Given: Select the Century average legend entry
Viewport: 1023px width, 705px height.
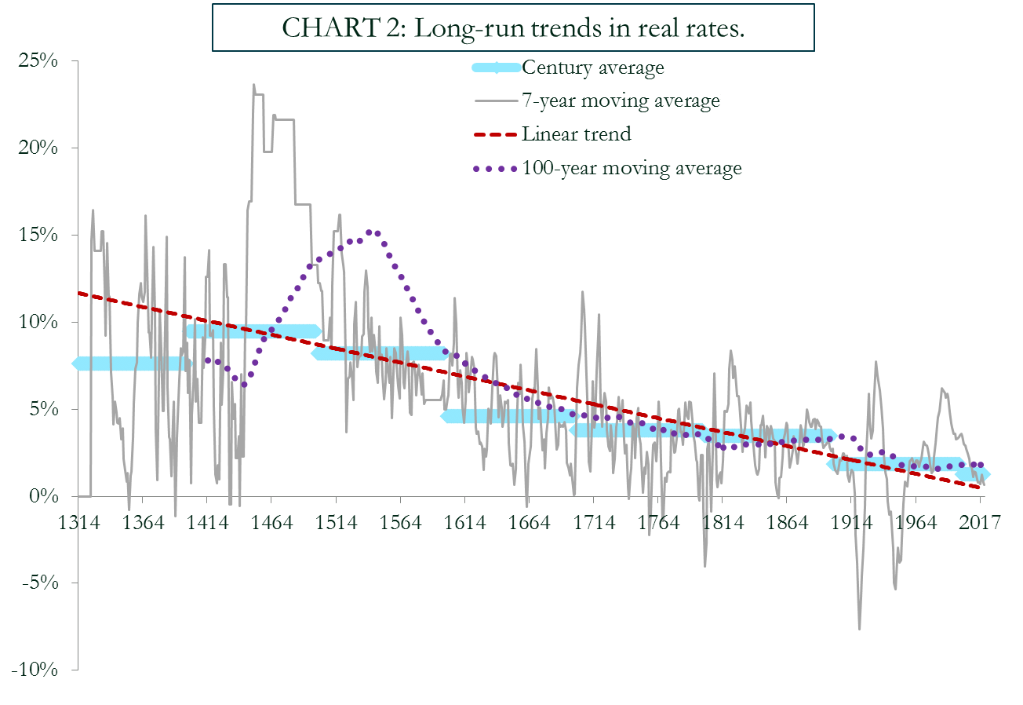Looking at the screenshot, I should tap(593, 68).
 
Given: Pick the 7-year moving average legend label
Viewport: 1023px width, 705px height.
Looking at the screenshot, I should tap(621, 100).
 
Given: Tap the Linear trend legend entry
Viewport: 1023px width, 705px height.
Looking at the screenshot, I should tap(576, 133).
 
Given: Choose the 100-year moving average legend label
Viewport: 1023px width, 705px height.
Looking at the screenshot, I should tap(632, 168).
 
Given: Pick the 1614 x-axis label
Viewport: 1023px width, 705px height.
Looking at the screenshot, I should tap(465, 523).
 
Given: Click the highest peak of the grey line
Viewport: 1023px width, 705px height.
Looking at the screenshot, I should tap(253, 85).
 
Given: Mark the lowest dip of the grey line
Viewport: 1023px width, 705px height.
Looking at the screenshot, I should tap(860, 629).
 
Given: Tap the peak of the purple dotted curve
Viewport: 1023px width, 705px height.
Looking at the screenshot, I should tap(373, 232).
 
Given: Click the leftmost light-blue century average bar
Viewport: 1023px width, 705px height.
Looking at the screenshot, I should tap(132, 363).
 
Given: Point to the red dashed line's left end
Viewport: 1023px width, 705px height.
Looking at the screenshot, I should tap(79, 293).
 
